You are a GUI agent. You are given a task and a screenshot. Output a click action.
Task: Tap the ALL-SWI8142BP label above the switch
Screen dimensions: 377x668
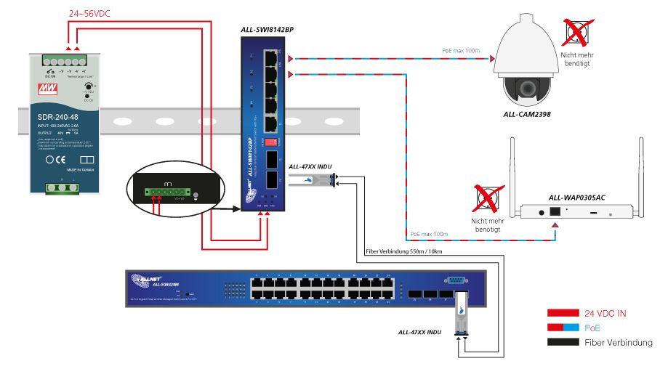point(271,30)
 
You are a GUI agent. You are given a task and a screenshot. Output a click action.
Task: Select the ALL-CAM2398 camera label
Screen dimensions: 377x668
point(527,114)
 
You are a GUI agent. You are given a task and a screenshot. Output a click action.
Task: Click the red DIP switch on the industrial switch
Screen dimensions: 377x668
point(270,141)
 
